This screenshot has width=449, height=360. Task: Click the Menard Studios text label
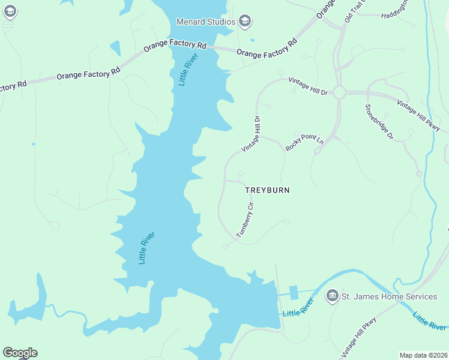206,22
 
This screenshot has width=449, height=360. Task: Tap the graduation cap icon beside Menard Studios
244,22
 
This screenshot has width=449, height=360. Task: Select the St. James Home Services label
389,296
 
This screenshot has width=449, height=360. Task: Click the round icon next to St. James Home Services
332,296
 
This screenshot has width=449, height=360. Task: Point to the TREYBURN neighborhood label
268,190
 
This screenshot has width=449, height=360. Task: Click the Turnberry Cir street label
246,220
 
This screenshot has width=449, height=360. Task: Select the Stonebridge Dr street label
379,122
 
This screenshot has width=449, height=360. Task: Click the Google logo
20,353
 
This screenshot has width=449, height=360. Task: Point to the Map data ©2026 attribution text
424,355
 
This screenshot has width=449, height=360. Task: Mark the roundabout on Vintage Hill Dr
339,92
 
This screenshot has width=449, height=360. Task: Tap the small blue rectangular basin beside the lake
294,292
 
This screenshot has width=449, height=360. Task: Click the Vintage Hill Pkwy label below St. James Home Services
358,337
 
